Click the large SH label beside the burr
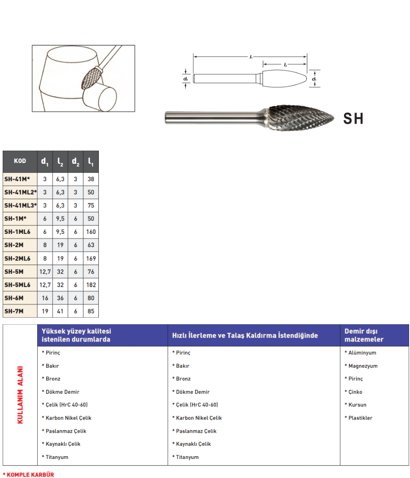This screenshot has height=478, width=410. click(353, 119)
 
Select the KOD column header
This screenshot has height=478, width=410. click(20, 161)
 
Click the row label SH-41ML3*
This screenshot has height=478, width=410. click(20, 206)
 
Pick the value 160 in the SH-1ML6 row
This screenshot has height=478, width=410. click(91, 232)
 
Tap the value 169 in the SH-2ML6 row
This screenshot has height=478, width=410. click(91, 258)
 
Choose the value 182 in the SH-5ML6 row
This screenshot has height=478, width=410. click(91, 285)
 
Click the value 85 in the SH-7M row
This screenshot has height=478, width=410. click(91, 311)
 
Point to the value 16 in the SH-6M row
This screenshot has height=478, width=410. click(45, 298)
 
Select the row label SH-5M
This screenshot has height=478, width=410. click(14, 272)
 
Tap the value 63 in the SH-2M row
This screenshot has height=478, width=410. click(91, 245)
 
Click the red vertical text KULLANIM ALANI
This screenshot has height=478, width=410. click(20, 395)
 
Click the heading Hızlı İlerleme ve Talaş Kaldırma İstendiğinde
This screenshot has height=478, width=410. click(245, 335)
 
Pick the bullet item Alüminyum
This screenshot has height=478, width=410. click(362, 353)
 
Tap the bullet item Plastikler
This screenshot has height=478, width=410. click(360, 418)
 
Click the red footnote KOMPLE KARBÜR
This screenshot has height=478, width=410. click(28, 474)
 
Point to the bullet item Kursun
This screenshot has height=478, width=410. click(357, 404)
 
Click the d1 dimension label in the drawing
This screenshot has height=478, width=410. click(314, 79)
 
